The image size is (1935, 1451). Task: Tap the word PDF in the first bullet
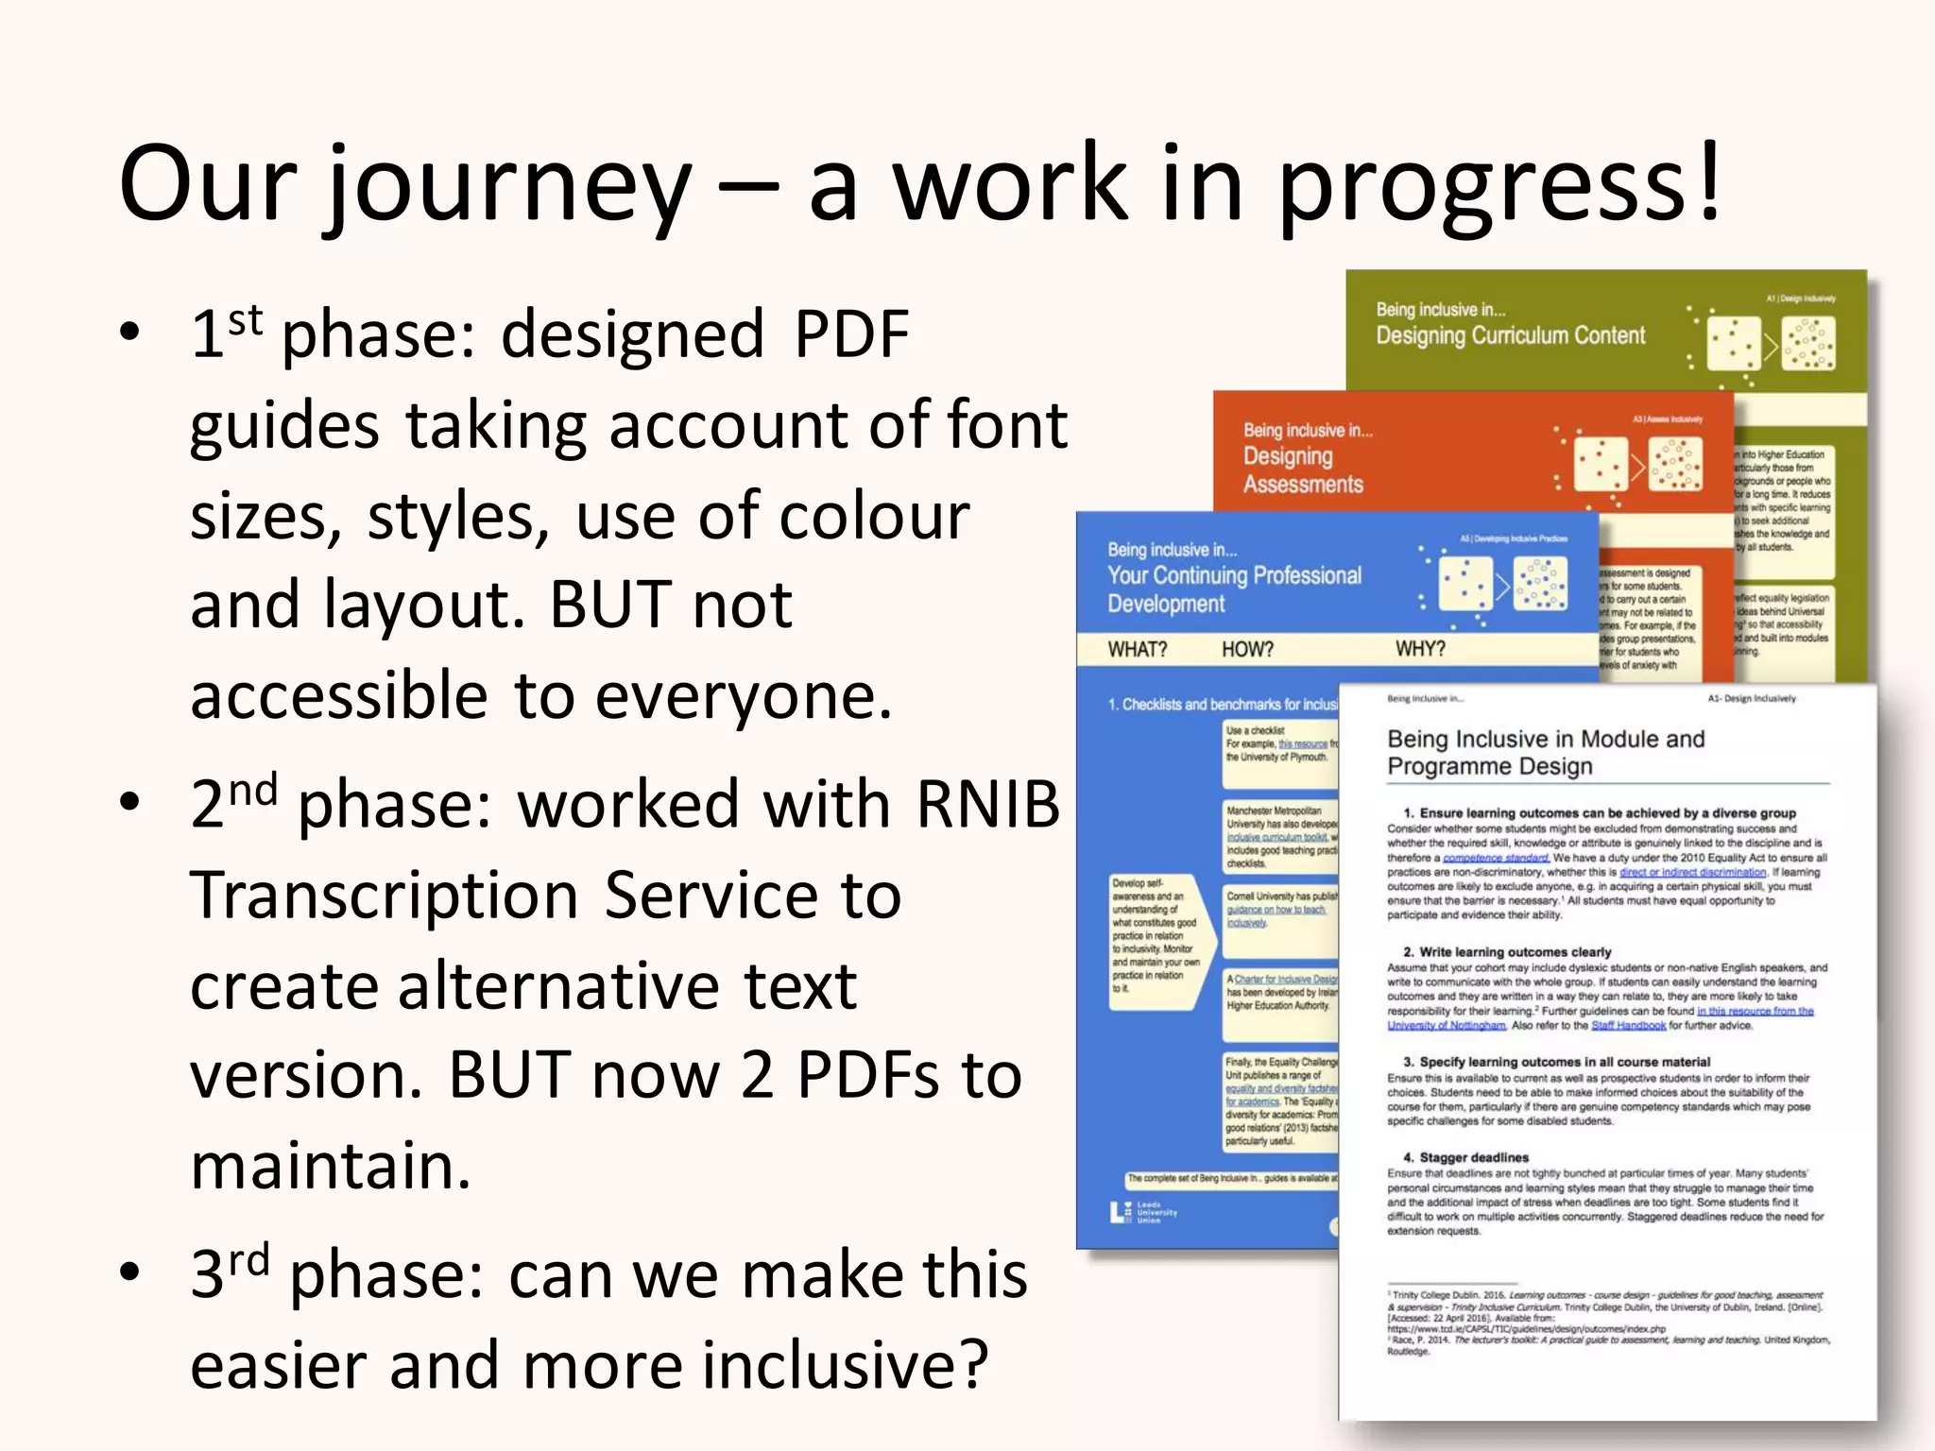click(850, 334)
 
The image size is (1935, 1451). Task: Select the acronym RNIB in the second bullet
click(987, 804)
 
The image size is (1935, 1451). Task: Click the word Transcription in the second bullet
click(384, 895)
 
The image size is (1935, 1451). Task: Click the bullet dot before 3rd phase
click(129, 1272)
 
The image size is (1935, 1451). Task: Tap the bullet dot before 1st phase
click(129, 332)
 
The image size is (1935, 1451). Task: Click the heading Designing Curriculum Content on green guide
click(1509, 335)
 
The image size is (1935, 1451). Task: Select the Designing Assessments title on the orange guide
click(1302, 469)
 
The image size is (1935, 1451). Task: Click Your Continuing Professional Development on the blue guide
click(1233, 589)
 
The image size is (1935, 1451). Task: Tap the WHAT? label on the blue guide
click(1137, 650)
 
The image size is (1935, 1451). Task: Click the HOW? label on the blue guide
click(1246, 650)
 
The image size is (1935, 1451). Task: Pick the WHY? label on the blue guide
click(1419, 649)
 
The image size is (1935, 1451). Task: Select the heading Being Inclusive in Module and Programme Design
click(1545, 752)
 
